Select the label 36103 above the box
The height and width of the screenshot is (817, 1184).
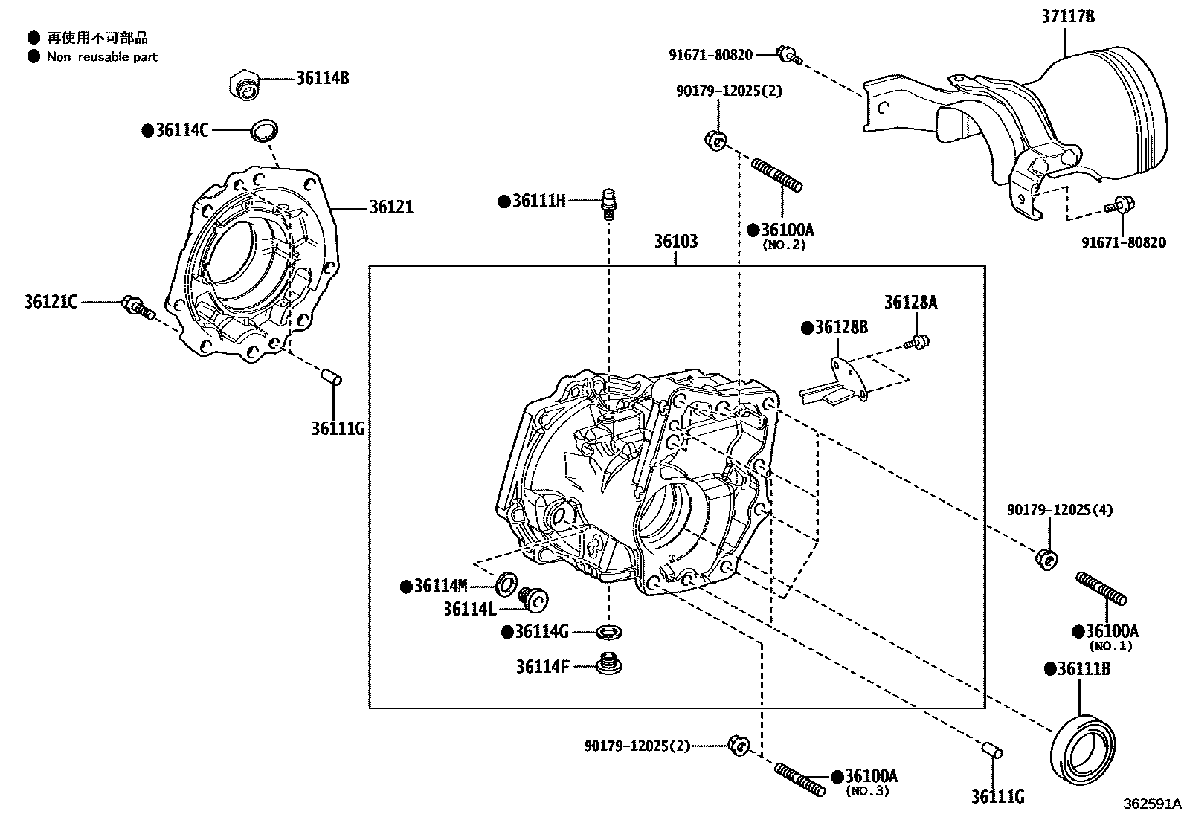pyautogui.click(x=675, y=242)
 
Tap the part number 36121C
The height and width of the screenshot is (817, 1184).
pyautogui.click(x=50, y=302)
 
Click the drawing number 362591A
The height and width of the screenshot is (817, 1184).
pyautogui.click(x=1151, y=804)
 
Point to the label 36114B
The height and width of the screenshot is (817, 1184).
pyautogui.click(x=323, y=77)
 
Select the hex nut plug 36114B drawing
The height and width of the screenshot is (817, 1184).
pyautogui.click(x=244, y=83)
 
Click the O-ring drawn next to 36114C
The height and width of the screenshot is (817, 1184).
pyautogui.click(x=264, y=130)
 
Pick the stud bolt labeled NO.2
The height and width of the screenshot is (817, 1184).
pyautogui.click(x=776, y=175)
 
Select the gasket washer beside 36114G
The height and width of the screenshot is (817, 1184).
pyautogui.click(x=609, y=633)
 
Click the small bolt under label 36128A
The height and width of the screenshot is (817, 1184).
pyautogui.click(x=918, y=342)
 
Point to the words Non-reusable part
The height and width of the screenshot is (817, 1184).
pyautogui.click(x=102, y=56)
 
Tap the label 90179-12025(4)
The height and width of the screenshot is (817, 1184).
pyautogui.click(x=1060, y=510)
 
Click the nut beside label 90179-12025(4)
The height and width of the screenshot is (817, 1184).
pyautogui.click(x=1046, y=558)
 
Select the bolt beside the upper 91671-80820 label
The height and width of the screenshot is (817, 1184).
pyautogui.click(x=788, y=55)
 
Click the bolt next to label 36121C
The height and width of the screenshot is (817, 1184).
pyautogui.click(x=138, y=307)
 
